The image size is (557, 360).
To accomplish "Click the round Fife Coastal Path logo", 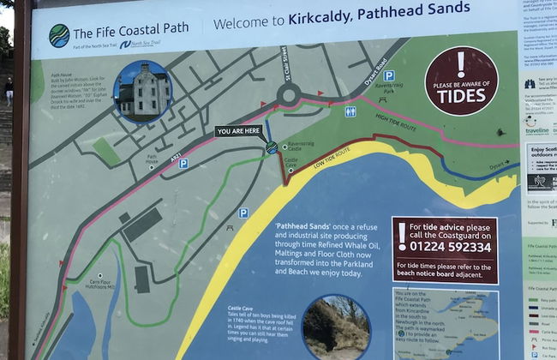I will pyautogui.click(x=59, y=35).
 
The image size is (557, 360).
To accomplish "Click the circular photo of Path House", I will pyautogui.click(x=142, y=90).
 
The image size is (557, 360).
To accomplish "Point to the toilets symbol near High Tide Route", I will pyautogui.click(x=350, y=111).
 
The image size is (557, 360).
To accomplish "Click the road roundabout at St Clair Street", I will pyautogui.click(x=285, y=96).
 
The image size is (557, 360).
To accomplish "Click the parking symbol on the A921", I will pyautogui.click(x=183, y=163).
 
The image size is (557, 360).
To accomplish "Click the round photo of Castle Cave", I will pyautogui.click(x=335, y=326).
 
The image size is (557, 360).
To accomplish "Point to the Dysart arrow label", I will pyautogui.click(x=503, y=168).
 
